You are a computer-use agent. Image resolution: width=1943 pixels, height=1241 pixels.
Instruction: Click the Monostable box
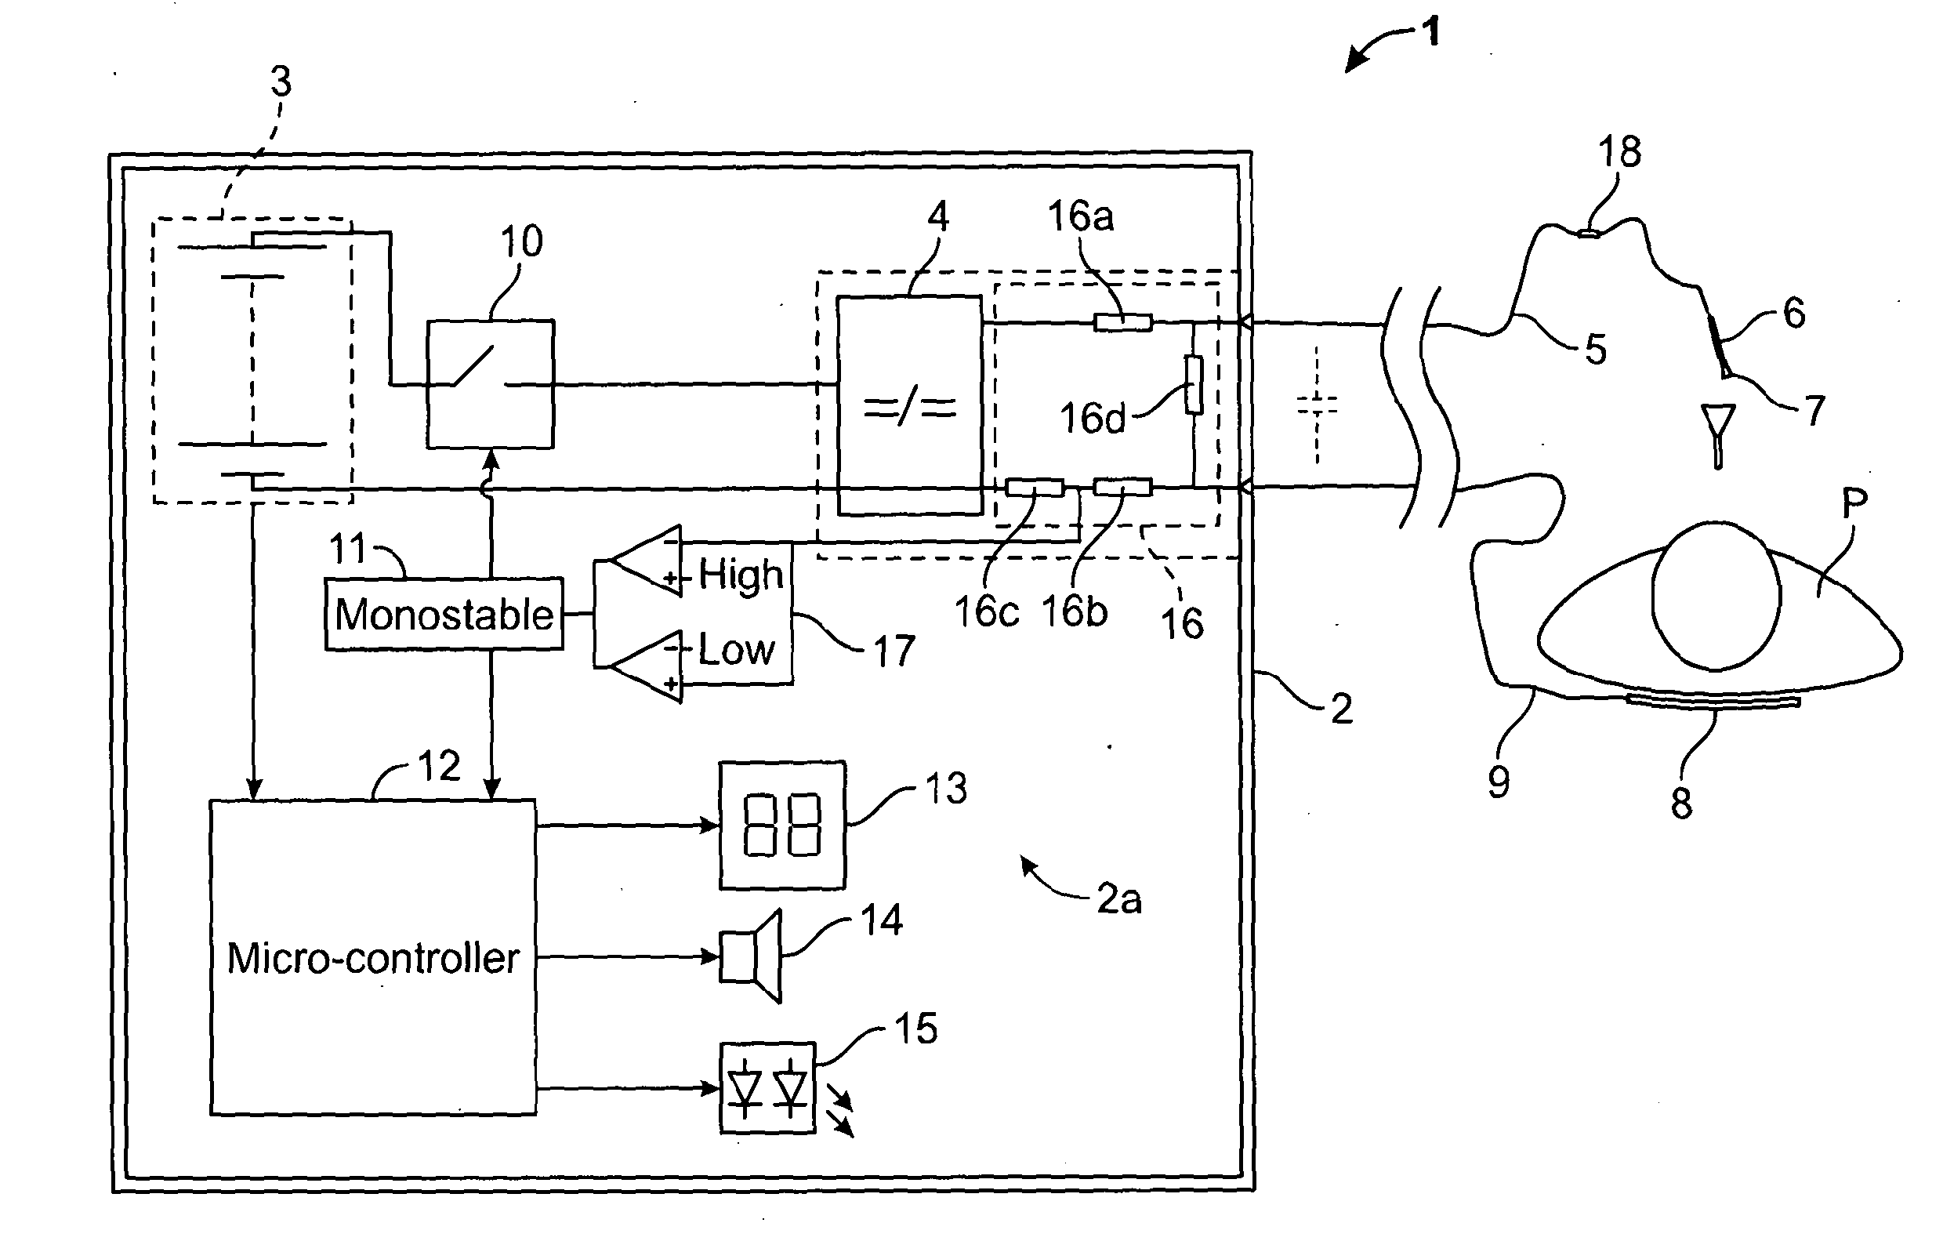click(x=444, y=614)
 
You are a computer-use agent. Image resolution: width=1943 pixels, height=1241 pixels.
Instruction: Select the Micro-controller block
click(x=373, y=958)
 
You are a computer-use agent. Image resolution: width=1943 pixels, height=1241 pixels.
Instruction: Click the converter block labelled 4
click(x=909, y=405)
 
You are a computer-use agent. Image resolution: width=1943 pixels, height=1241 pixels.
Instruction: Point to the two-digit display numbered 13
click(x=783, y=825)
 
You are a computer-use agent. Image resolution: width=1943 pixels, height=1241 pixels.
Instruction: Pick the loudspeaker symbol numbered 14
click(x=751, y=956)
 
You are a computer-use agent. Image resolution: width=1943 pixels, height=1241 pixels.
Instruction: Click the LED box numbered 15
click(x=767, y=1088)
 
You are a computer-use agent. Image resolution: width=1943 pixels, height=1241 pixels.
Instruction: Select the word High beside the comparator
click(x=741, y=575)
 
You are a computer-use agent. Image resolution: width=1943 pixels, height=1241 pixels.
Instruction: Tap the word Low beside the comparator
click(x=736, y=650)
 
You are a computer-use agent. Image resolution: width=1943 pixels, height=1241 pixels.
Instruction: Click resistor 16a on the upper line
click(x=1122, y=323)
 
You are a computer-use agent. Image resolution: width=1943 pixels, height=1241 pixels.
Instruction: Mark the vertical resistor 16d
click(x=1194, y=385)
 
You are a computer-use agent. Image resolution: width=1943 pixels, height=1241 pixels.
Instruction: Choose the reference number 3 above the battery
click(x=281, y=82)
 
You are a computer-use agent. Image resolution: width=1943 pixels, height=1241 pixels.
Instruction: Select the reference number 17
click(x=894, y=651)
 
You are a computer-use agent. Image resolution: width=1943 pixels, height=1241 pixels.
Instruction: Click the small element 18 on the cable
click(x=1587, y=234)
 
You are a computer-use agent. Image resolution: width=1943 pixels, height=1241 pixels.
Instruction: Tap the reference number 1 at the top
click(x=1430, y=33)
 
